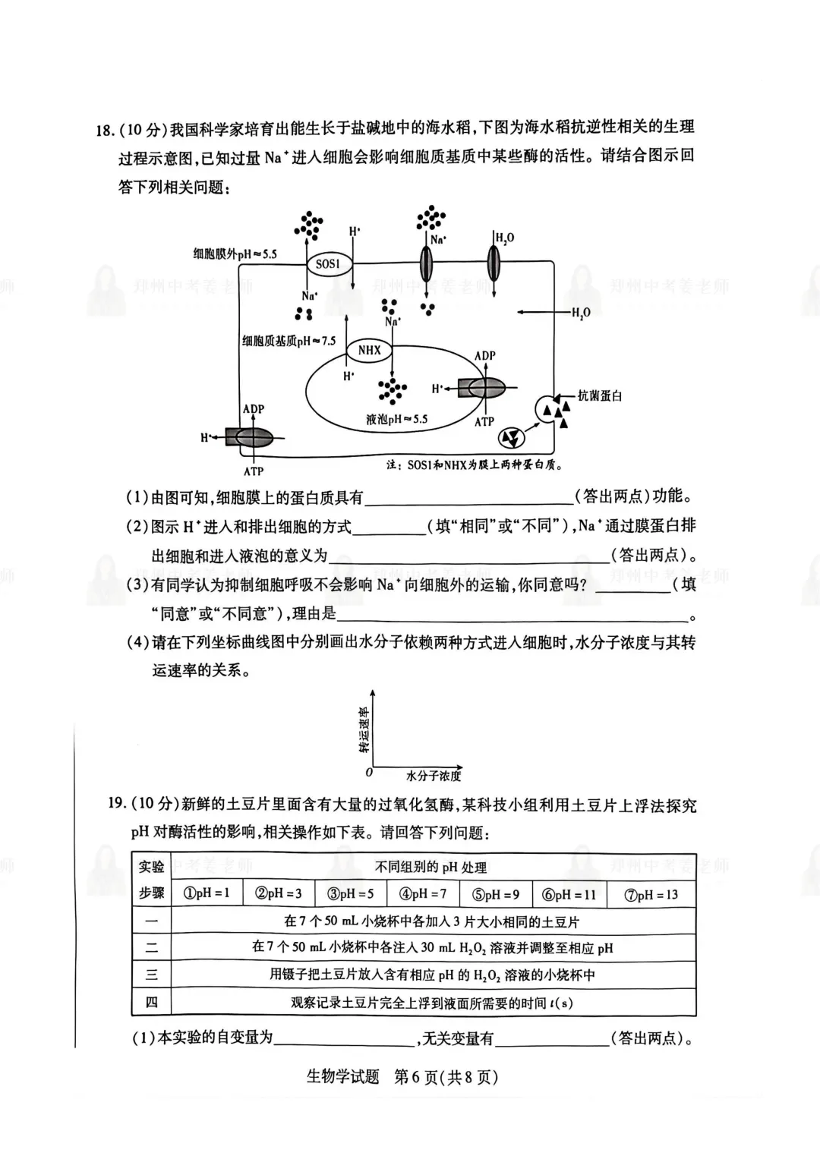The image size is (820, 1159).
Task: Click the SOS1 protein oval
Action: tap(328, 264)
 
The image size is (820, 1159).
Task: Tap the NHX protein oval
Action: tap(369, 350)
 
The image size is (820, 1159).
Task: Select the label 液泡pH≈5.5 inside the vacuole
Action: tap(396, 419)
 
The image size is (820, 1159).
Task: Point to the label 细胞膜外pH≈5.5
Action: tap(235, 254)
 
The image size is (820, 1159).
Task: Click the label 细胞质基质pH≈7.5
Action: tap(289, 341)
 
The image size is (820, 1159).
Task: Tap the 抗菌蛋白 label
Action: tap(600, 395)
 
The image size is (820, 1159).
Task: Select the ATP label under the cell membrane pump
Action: tap(254, 471)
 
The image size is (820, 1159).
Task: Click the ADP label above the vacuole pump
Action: tap(484, 355)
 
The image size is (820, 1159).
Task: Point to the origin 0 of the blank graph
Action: tap(369, 773)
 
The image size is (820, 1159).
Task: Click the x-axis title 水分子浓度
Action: tap(434, 776)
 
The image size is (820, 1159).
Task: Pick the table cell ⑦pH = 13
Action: tap(651, 894)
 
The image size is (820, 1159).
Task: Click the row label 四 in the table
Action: tap(152, 1003)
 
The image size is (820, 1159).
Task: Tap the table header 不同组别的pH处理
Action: tap(431, 867)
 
